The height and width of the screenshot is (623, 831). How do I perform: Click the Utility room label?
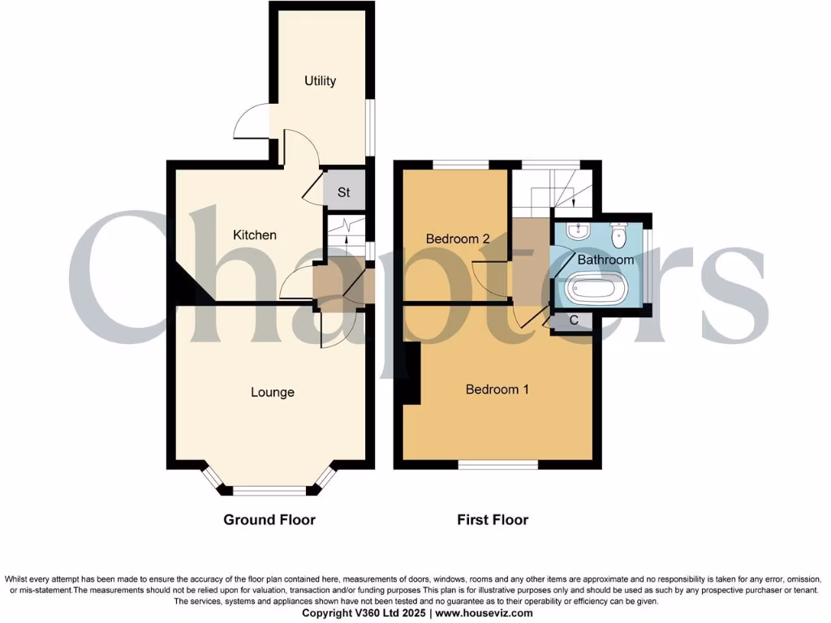coord(320,81)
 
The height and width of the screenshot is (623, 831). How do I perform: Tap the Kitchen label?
coord(255,235)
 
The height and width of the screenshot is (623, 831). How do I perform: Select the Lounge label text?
coord(272,393)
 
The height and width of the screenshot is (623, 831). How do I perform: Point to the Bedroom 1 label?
coord(497,389)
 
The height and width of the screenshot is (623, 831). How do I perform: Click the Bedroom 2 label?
coord(458,239)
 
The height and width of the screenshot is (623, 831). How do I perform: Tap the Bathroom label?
coord(605,260)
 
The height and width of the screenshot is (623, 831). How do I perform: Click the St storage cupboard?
coord(344,193)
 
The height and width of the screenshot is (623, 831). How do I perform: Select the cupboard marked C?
coord(574,320)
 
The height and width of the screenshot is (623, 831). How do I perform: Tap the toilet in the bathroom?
coord(618,234)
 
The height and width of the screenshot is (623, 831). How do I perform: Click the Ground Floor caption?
coord(269,520)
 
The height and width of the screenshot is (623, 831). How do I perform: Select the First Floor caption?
coord(493,520)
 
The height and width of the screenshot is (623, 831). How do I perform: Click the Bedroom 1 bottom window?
coord(497,465)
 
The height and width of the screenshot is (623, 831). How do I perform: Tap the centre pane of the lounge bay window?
coord(269,490)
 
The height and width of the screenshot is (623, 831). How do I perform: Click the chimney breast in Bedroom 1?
coord(412,373)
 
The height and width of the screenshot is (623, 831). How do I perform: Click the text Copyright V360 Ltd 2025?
coord(362,613)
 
